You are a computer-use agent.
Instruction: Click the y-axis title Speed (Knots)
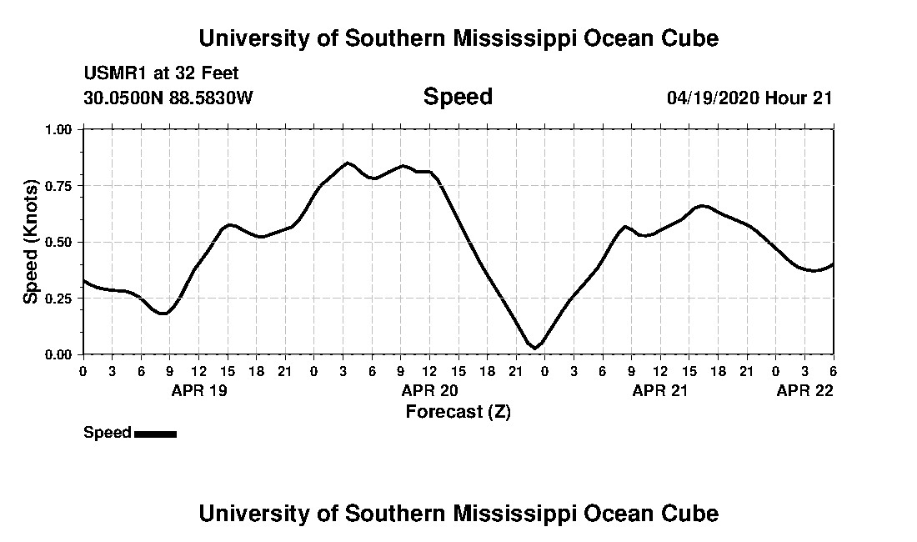(x=31, y=242)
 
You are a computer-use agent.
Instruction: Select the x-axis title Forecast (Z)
(x=458, y=411)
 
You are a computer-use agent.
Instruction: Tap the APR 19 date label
(x=198, y=390)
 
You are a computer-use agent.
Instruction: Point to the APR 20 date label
(x=429, y=390)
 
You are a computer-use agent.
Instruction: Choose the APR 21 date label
(x=660, y=390)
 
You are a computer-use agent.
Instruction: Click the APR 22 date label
(x=804, y=390)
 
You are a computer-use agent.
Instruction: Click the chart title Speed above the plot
(x=458, y=97)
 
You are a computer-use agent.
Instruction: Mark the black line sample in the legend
(x=155, y=434)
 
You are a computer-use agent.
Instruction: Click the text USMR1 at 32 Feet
(x=161, y=73)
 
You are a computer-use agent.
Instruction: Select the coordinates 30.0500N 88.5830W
(x=168, y=98)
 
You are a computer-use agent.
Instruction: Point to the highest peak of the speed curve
(x=347, y=163)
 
